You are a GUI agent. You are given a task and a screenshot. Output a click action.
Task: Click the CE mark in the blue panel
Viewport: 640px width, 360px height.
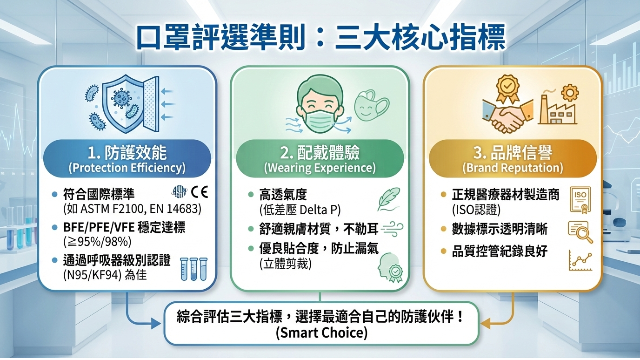200,192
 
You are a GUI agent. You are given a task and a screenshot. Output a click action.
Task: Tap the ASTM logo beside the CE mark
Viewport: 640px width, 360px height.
179,192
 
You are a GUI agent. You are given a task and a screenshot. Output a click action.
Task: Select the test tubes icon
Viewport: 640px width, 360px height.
194,269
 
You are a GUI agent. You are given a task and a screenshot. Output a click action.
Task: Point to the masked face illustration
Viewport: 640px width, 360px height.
320,104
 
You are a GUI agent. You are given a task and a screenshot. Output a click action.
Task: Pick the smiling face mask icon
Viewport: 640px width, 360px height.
371,105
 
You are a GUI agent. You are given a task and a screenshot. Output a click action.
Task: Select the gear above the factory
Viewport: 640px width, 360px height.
570,93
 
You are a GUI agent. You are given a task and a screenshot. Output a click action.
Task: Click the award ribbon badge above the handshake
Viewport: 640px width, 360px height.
507,88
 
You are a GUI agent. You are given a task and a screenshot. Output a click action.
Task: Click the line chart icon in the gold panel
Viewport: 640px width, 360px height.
580,260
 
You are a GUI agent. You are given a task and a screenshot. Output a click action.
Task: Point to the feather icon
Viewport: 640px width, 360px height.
389,199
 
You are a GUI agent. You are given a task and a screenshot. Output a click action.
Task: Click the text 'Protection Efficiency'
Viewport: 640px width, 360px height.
127,168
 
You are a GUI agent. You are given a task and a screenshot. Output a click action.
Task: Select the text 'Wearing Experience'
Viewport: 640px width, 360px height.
320,168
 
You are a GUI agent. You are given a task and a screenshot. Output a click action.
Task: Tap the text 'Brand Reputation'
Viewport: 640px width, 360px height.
513,168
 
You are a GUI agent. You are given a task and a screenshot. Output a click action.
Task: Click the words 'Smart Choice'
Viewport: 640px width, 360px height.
322,333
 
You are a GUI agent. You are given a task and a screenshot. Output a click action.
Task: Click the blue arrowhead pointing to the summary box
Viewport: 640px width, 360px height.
156,323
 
